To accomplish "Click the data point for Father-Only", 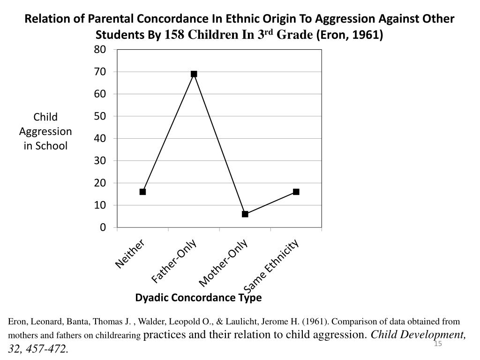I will (x=194, y=74).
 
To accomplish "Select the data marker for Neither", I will (x=142, y=192).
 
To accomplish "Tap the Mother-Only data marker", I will (x=245, y=214).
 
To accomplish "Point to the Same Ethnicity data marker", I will (x=296, y=192).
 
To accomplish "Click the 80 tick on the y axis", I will (x=100, y=49).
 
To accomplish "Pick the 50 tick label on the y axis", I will (x=100, y=116).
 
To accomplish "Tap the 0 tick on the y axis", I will (x=103, y=227).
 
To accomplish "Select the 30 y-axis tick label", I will (x=100, y=160).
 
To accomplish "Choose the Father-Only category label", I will (x=174, y=261).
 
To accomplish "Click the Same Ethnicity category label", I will (x=271, y=266).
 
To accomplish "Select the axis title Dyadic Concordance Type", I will (x=198, y=298).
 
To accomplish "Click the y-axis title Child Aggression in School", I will (x=45, y=131).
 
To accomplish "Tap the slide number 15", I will (x=438, y=345).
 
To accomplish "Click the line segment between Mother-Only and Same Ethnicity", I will (x=270, y=203).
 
